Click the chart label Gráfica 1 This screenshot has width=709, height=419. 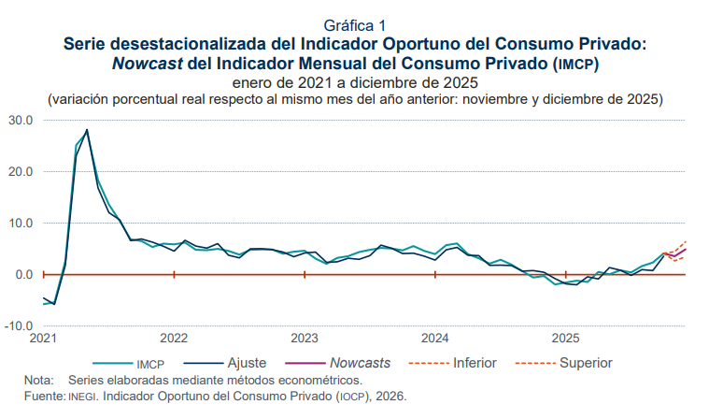click(x=354, y=24)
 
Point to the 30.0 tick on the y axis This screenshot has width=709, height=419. click(x=21, y=121)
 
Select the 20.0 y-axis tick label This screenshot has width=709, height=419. click(x=21, y=172)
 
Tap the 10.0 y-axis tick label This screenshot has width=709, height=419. click(x=21, y=224)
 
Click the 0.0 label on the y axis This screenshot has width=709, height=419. click(x=23, y=275)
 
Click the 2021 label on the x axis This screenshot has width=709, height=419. click(x=44, y=339)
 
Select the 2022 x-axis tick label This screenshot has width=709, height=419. click(x=175, y=339)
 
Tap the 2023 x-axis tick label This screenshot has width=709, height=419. click(x=305, y=339)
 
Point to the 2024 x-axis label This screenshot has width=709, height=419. click(x=434, y=339)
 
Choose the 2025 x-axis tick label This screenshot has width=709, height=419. click(x=564, y=339)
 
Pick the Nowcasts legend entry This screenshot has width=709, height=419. click(x=361, y=362)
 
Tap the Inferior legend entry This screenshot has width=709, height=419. click(x=475, y=362)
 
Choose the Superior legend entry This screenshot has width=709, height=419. click(x=586, y=362)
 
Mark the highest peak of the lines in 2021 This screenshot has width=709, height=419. click(x=87, y=130)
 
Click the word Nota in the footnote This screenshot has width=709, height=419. click(x=38, y=381)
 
